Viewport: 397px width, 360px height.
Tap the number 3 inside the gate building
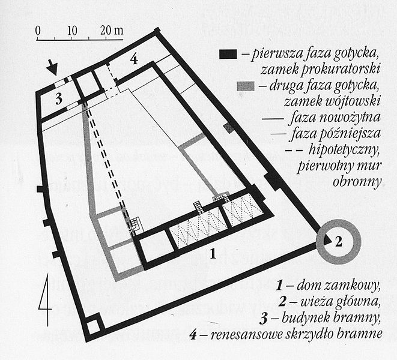(x=59, y=100)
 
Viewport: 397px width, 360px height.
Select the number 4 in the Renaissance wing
(x=135, y=59)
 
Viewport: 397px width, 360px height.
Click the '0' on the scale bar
(x=38, y=29)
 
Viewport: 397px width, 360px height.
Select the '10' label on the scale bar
(x=72, y=29)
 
